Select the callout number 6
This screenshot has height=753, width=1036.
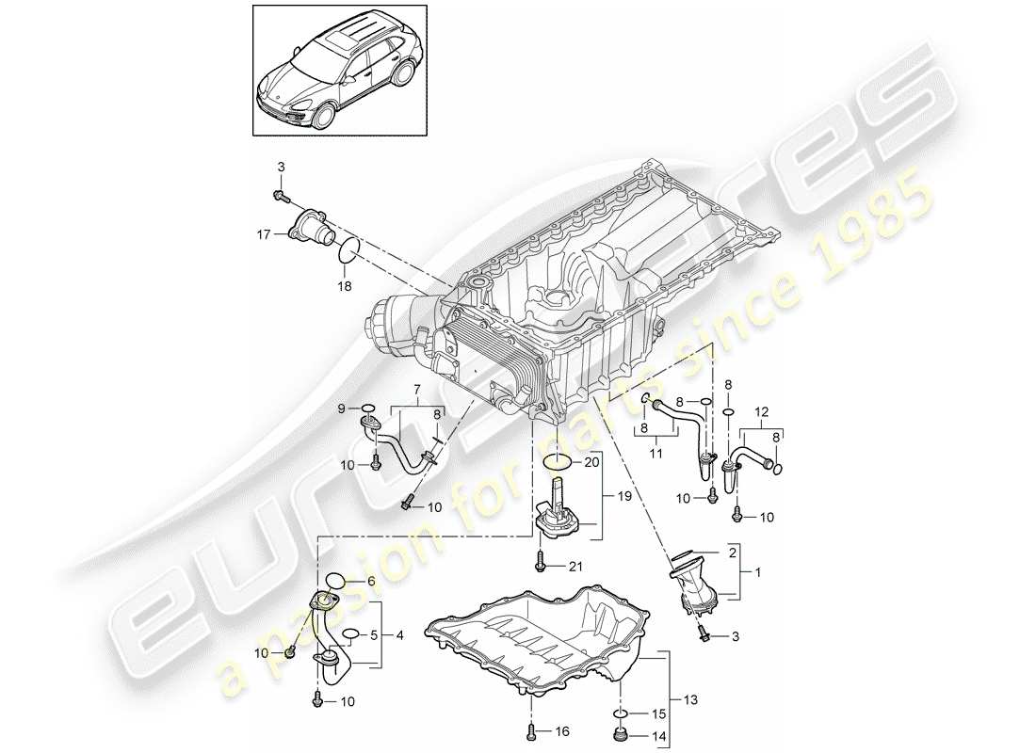coord(370,583)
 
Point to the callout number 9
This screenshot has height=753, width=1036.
coord(343,408)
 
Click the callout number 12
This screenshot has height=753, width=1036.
coord(762,410)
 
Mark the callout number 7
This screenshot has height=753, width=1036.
coord(413,389)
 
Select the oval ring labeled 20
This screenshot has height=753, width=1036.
coord(558,461)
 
